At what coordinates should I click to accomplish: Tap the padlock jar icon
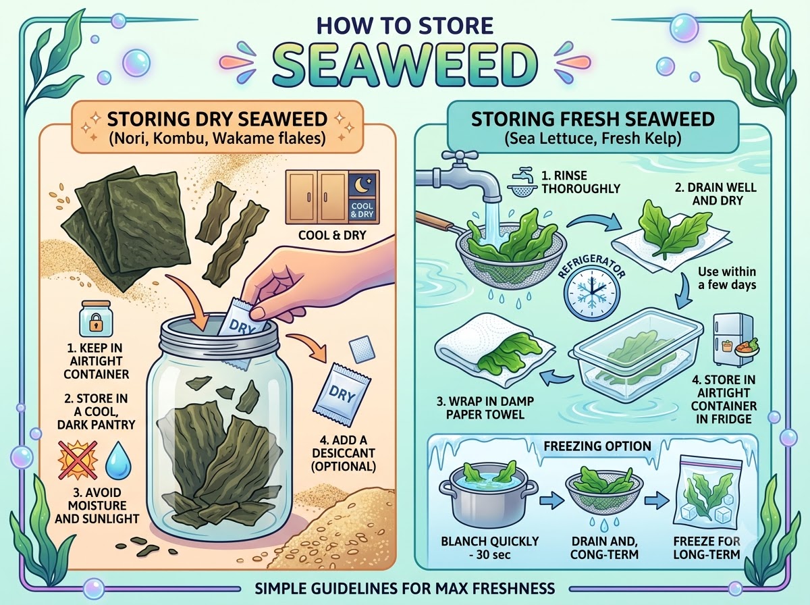pos(97,318)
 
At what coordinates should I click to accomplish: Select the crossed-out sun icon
pos(78,460)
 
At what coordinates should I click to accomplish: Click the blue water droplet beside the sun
pos(118,460)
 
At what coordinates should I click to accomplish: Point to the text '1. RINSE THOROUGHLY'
pos(580,182)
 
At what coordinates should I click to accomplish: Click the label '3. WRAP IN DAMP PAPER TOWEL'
pos(485,408)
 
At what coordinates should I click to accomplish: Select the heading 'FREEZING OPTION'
pos(597,446)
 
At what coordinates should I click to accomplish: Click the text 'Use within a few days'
pos(726,278)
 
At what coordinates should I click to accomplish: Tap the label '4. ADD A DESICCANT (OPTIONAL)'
pos(344,453)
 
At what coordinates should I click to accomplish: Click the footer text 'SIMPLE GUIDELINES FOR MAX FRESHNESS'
pos(405,588)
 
